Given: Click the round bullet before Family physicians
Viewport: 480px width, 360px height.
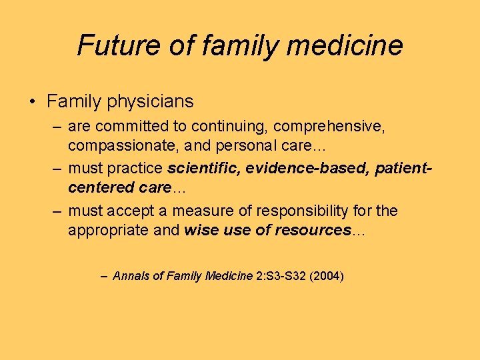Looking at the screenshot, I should click(x=32, y=102).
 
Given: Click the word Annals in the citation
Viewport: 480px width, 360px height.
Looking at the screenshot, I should click(x=131, y=275).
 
